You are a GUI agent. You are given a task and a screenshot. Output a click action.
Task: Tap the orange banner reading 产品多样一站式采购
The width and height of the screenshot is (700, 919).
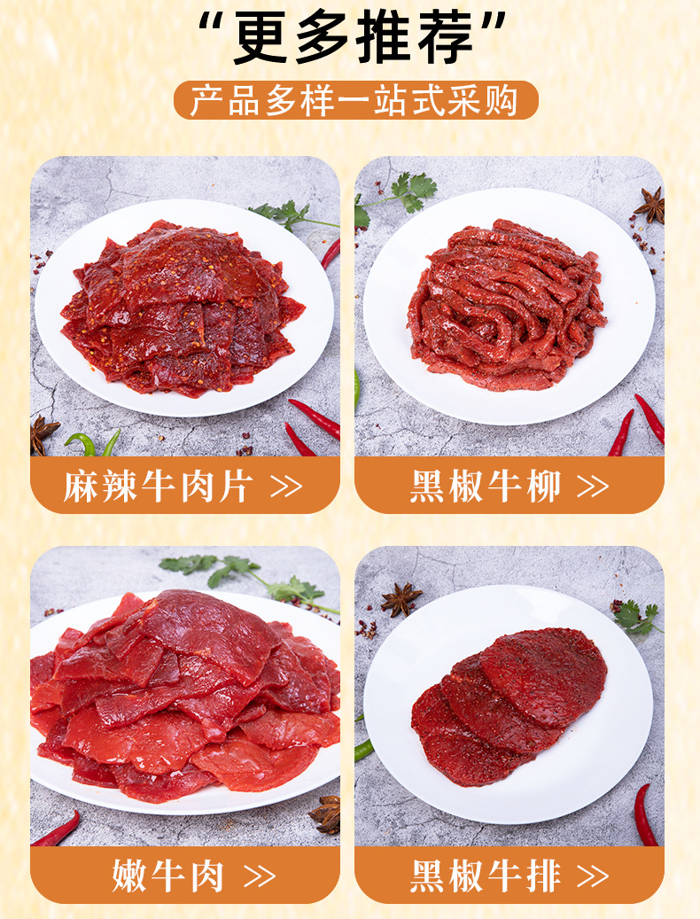click(x=355, y=100)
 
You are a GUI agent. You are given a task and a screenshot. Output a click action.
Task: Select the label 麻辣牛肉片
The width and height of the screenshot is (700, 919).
click(x=158, y=487)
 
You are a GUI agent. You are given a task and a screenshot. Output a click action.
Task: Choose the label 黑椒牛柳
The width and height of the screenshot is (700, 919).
click(x=486, y=487)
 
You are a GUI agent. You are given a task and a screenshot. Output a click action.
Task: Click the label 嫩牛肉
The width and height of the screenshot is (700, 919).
click(x=168, y=876)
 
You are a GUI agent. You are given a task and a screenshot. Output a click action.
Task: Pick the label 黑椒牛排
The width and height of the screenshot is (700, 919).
click(x=486, y=876)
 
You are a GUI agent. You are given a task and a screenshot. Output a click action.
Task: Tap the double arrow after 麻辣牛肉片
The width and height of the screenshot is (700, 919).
click(x=286, y=487)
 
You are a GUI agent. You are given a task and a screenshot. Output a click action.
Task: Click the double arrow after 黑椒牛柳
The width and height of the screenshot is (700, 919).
click(x=593, y=487)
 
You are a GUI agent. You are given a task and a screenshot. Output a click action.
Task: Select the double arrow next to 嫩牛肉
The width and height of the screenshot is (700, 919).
click(x=260, y=876)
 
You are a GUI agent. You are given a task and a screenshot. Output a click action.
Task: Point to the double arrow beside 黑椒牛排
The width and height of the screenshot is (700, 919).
click(x=593, y=876)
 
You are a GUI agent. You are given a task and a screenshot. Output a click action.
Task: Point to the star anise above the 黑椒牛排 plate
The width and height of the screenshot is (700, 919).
click(x=401, y=599)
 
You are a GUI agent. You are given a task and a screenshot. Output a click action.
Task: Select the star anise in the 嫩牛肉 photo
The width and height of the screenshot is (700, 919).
click(x=326, y=814)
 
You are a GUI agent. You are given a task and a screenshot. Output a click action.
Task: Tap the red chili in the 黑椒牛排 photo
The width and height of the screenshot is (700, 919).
click(x=646, y=814)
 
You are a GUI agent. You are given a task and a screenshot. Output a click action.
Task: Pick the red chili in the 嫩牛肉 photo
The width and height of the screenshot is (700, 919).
click(x=57, y=829)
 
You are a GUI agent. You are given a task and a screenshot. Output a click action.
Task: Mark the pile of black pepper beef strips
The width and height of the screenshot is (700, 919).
click(x=507, y=305)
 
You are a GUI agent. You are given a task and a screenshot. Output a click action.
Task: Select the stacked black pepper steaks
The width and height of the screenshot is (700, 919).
click(x=509, y=705)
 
